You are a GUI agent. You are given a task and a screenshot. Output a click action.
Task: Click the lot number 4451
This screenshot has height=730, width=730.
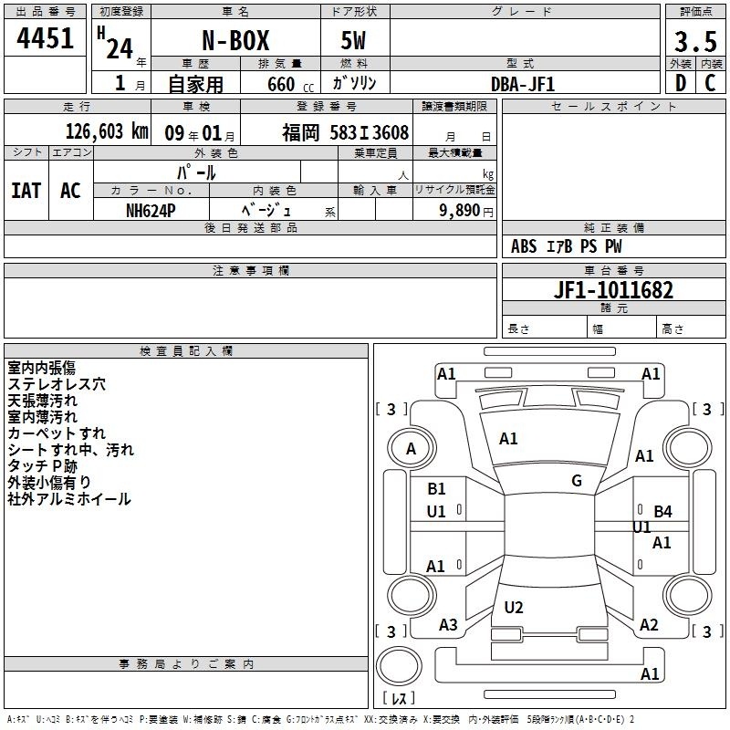[45, 38]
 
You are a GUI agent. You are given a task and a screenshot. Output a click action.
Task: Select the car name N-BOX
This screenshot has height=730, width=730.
[235, 41]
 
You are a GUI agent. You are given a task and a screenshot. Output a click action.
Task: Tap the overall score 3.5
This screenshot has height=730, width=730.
[695, 42]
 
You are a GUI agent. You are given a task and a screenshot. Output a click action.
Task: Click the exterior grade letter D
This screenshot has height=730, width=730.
[681, 83]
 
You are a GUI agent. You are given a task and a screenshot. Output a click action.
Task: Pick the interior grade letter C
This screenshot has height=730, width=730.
[710, 83]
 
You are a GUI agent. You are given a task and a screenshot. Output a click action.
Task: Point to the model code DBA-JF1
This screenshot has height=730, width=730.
[522, 84]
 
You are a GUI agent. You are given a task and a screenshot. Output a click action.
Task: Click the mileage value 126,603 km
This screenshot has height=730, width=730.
[107, 131]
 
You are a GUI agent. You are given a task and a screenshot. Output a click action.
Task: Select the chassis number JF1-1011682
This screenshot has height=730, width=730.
[613, 290]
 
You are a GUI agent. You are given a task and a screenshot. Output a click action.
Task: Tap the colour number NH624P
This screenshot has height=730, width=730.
[151, 211]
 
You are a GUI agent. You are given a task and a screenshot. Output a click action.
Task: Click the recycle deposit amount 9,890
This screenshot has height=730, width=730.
[460, 211]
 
